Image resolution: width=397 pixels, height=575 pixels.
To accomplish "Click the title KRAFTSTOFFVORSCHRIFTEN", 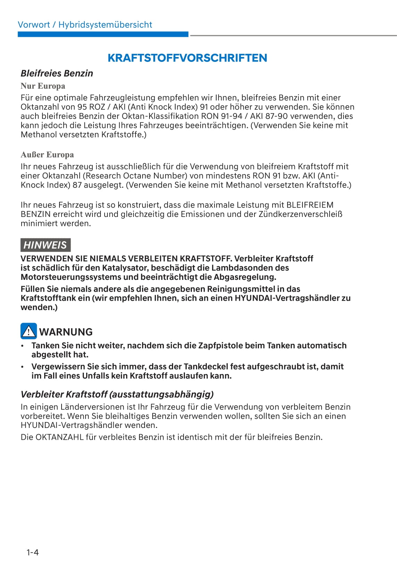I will pos(187,58).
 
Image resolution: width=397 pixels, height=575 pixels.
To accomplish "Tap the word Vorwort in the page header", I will pos(34,25).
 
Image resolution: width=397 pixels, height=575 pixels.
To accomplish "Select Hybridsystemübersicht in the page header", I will pos(105,25).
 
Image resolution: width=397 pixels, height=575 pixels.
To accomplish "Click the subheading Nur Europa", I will pos(43,86).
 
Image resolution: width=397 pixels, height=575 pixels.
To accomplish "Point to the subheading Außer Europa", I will pos(47,154).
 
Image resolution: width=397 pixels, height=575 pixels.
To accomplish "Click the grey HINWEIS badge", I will pos(45,245).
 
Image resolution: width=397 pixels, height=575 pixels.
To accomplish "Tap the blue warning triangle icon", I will pos(29,331).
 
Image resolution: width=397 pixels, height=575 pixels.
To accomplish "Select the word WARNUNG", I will pos(66,332).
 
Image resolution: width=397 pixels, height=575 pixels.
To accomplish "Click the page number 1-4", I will pos(32,552).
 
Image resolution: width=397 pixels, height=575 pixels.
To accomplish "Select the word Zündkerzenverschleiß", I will pos(300,214).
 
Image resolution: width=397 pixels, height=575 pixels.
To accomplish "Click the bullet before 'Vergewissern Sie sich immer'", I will pos(23,367).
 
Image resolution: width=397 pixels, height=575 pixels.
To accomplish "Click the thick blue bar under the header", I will pos(103,34).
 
